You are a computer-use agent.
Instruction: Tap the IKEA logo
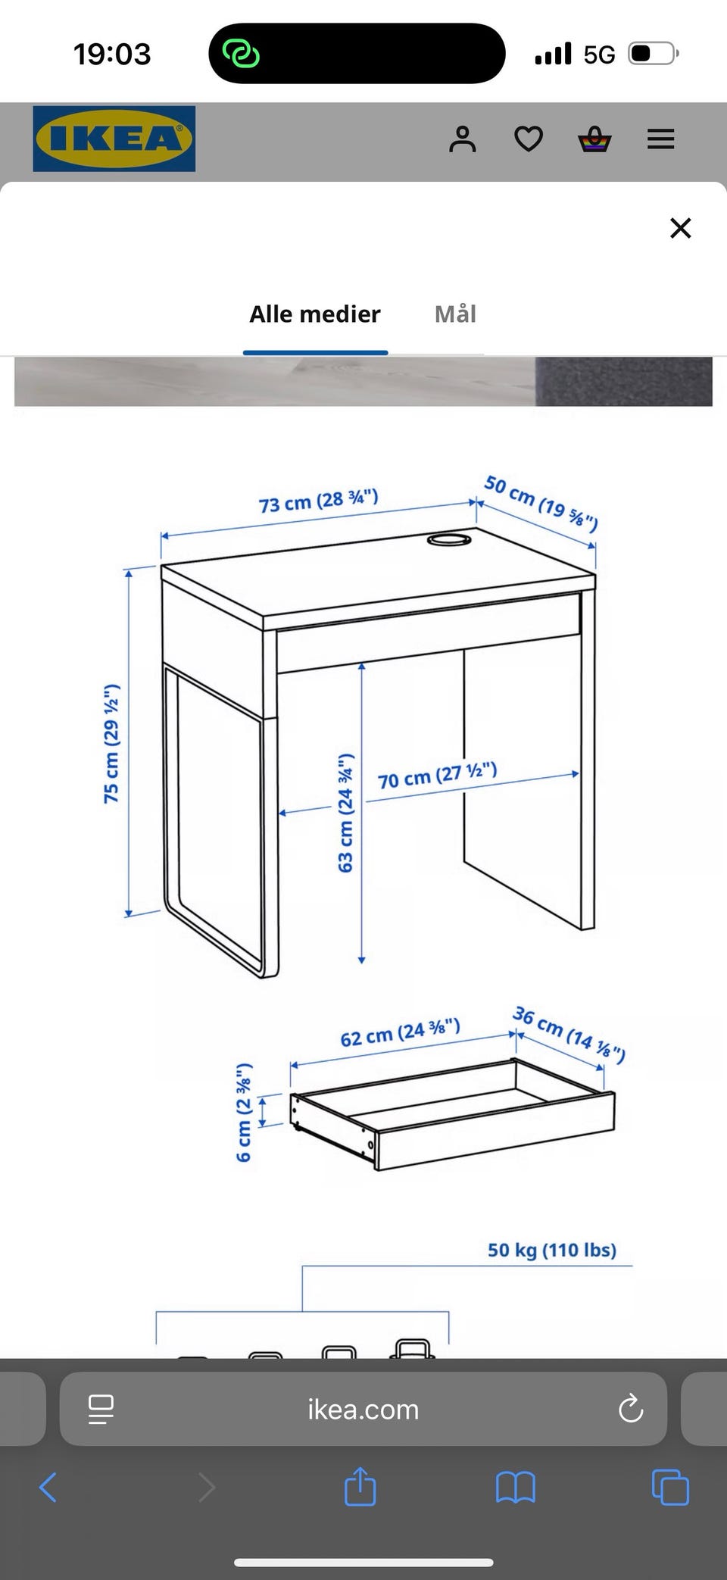click(114, 139)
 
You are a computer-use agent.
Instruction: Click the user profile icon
click(463, 139)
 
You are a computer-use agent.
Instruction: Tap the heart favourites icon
click(529, 139)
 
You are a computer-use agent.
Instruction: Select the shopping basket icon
click(594, 139)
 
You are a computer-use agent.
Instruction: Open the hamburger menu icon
click(660, 139)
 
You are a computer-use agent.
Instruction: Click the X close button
click(681, 228)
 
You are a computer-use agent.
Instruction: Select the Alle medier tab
click(315, 314)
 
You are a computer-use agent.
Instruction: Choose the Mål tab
click(455, 314)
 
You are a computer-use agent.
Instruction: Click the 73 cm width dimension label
click(319, 501)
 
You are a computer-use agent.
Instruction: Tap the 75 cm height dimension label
click(111, 743)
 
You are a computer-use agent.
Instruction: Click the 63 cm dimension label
click(346, 813)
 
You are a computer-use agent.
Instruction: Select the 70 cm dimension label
click(438, 776)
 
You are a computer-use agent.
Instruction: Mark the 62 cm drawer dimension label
click(400, 1033)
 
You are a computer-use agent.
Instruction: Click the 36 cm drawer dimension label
click(569, 1035)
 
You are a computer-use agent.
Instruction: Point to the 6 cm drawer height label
click(244, 1113)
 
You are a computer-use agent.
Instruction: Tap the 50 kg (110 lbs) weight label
click(552, 1250)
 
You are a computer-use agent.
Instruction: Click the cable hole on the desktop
click(449, 539)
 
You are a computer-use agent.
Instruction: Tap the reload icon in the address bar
click(631, 1409)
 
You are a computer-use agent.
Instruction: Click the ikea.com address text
click(363, 1410)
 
